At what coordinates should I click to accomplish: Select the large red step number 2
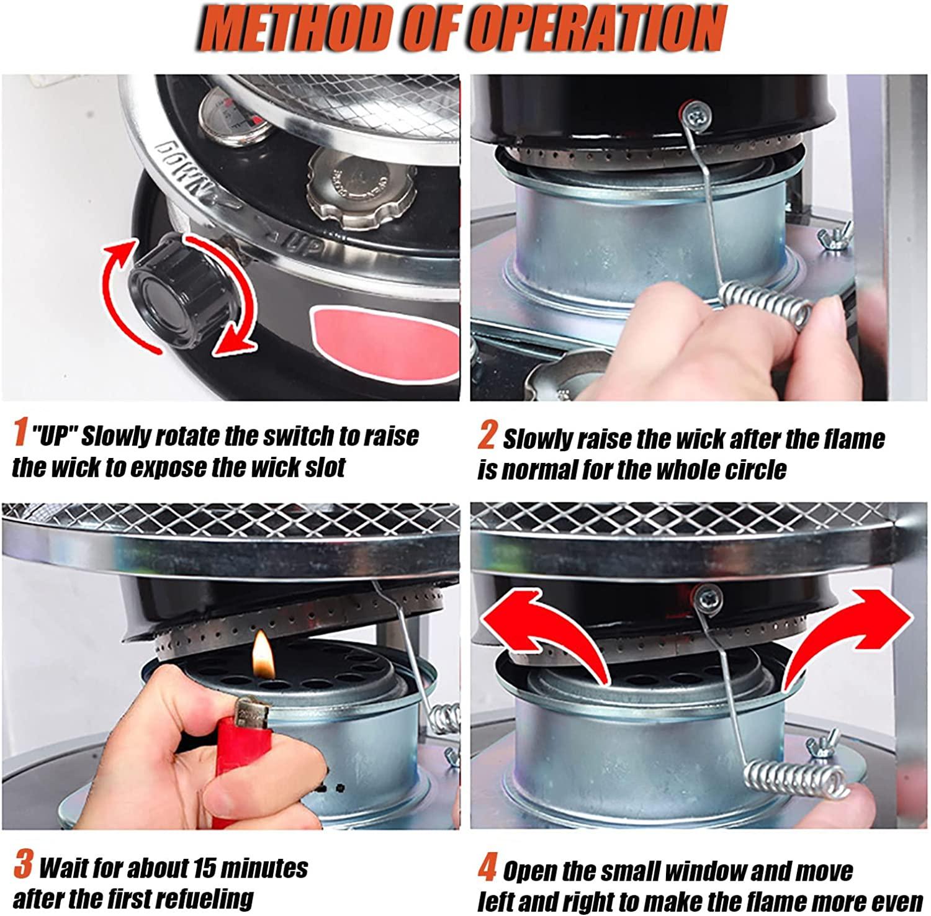[487, 436]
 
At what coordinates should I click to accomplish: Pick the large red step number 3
[23, 865]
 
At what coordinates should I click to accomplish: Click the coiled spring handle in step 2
[767, 305]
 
